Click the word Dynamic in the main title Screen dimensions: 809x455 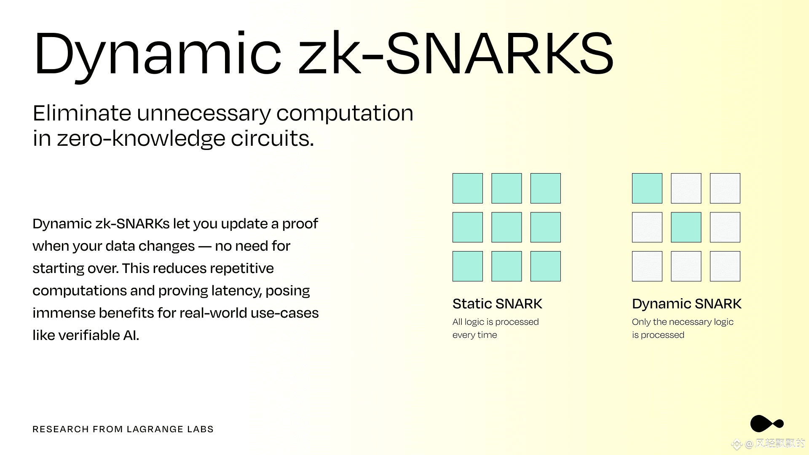pyautogui.click(x=158, y=55)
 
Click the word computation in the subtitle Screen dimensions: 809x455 pyautogui.click(x=345, y=114)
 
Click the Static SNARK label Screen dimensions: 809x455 pyautogui.click(x=497, y=304)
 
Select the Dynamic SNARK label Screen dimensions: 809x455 pyautogui.click(x=687, y=304)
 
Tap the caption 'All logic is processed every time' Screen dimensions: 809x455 pyautogui.click(x=496, y=328)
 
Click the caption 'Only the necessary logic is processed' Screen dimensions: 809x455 pyautogui.click(x=683, y=328)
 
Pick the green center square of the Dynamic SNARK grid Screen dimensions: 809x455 pyautogui.click(x=686, y=227)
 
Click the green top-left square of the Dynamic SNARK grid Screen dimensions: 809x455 pyautogui.click(x=647, y=188)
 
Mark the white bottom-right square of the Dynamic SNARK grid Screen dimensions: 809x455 pyautogui.click(x=725, y=266)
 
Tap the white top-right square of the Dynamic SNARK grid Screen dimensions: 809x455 pyautogui.click(x=725, y=188)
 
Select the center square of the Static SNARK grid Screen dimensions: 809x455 pyautogui.click(x=506, y=227)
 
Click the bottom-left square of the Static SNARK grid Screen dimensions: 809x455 pyautogui.click(x=468, y=266)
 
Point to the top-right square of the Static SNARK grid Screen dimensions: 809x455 pyautogui.click(x=546, y=188)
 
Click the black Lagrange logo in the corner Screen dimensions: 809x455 pyautogui.click(x=767, y=423)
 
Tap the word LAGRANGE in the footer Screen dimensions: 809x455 pyautogui.click(x=155, y=429)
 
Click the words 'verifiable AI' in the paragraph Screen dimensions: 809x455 pyautogui.click(x=99, y=335)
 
